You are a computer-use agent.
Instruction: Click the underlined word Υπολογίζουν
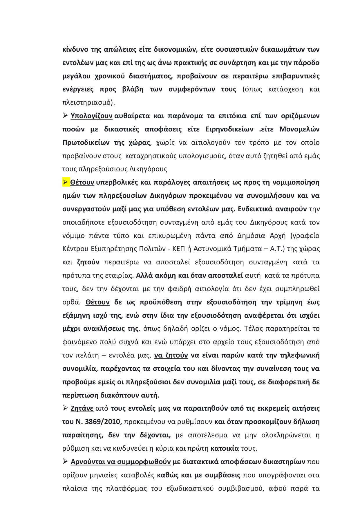point(91,116)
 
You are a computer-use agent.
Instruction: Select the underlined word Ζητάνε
point(82,408)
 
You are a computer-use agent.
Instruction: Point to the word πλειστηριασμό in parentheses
point(87,102)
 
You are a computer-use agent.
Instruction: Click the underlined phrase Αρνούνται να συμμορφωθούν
point(120,461)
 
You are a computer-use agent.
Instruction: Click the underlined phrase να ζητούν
point(171,355)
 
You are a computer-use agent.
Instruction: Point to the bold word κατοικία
point(225,448)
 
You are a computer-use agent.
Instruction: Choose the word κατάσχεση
point(284,89)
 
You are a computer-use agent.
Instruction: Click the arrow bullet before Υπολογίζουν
point(65,115)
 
